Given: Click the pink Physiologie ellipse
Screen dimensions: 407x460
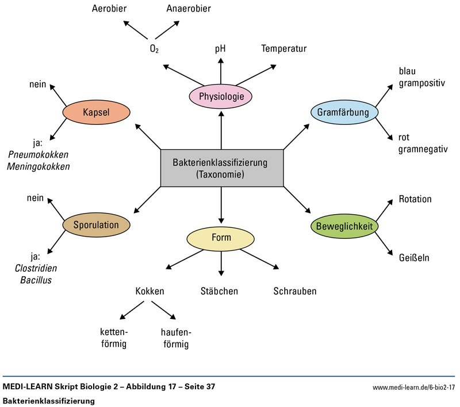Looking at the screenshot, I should point(221,96).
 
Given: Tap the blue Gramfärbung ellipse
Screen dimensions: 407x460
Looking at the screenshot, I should point(343,112).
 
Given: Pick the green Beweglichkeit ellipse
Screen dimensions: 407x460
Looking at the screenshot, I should point(344,227).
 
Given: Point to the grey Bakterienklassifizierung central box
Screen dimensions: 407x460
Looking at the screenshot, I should point(221,168).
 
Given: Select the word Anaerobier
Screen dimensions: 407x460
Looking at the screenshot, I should point(188,9).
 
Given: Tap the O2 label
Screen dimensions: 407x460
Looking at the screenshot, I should point(154,49).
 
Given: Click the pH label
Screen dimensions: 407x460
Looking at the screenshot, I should point(221,49).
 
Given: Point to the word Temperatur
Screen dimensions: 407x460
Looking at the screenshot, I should point(283,49).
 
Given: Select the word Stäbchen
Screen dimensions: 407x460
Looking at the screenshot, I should point(219,291).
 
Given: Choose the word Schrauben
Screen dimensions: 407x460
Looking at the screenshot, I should point(295,291).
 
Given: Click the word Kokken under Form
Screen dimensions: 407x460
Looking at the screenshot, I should point(150,291).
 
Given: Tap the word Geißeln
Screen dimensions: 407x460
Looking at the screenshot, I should point(414,257).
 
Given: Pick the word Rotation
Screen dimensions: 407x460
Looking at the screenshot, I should point(415,199).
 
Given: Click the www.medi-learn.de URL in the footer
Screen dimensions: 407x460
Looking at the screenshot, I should point(413,387).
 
